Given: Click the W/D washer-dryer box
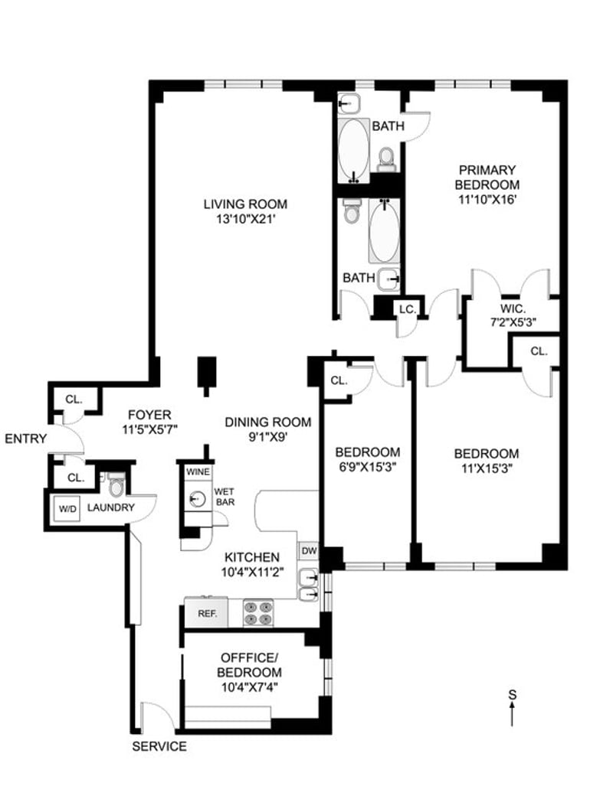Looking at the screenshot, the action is (x=67, y=508).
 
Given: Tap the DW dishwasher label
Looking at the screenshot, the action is (x=309, y=550).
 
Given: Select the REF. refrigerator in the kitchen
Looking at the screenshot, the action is (x=207, y=613).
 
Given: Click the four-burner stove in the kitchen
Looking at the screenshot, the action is (x=258, y=613).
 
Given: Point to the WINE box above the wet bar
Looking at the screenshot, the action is (x=198, y=471).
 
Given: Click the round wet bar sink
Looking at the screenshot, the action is (x=198, y=499).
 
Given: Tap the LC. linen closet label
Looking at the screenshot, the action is (x=408, y=309).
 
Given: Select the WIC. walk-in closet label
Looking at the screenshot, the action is (x=513, y=308).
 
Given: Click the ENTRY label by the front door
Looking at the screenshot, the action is (x=26, y=439).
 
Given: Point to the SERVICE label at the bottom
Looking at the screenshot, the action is (x=159, y=746).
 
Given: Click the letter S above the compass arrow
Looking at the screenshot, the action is (x=512, y=694).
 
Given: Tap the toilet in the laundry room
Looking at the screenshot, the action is (x=116, y=485).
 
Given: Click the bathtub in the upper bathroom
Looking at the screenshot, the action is (x=354, y=150).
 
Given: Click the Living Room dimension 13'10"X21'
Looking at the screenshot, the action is (x=244, y=219).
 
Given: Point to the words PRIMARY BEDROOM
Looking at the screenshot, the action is (x=487, y=177).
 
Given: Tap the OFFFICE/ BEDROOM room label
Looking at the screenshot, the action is (x=250, y=665).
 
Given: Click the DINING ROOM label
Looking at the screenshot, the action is (x=268, y=422).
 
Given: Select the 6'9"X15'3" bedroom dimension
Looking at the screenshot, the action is (x=368, y=467).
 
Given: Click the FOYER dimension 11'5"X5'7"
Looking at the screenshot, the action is (x=149, y=429).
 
